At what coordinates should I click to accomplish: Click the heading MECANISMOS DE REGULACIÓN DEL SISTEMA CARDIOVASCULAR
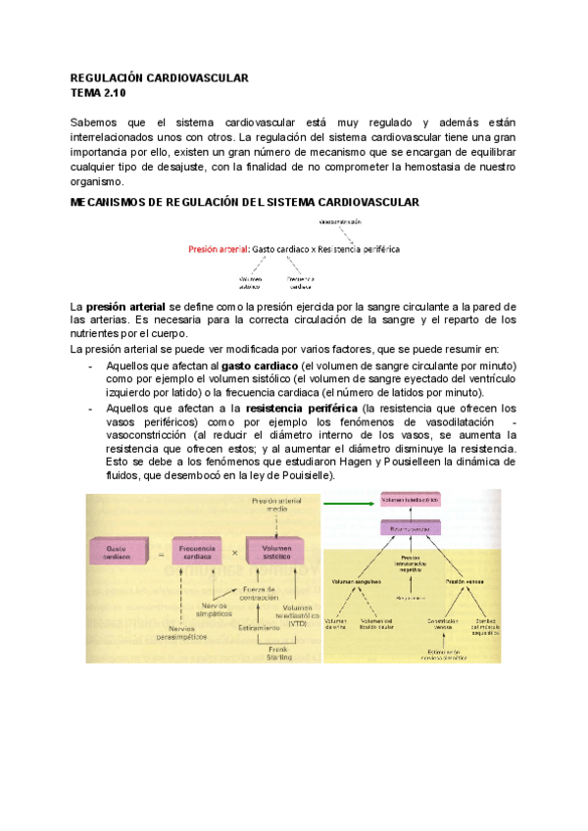[246, 202]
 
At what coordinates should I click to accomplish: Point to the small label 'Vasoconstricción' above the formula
[362, 224]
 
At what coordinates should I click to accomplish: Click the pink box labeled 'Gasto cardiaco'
[121, 552]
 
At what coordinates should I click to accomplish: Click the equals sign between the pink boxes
[162, 553]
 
